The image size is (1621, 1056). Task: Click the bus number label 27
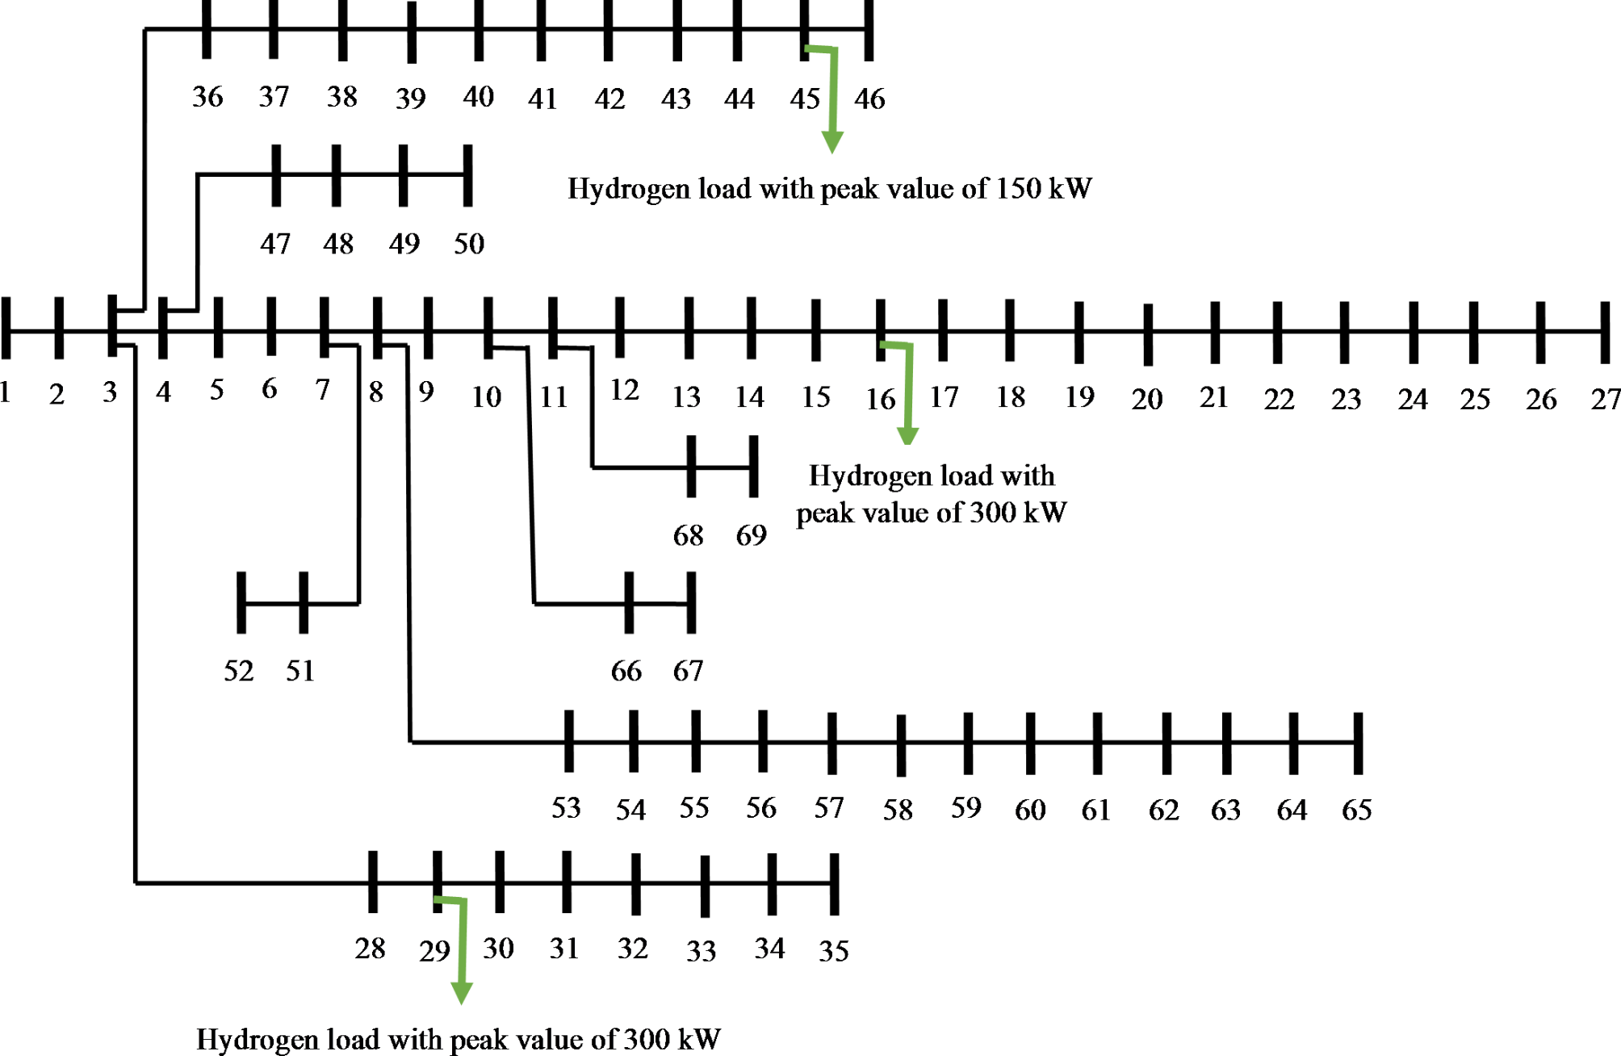[1605, 399]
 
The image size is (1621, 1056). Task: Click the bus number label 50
[469, 244]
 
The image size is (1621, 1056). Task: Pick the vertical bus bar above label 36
[207, 30]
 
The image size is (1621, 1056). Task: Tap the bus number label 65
[1356, 810]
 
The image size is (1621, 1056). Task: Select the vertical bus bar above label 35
[835, 884]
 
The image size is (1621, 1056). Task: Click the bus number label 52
[239, 671]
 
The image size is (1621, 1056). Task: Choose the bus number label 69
[751, 535]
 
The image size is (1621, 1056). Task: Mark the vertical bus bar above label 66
[629, 602]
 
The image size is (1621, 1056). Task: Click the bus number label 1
[5, 392]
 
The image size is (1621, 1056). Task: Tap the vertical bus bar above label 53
[569, 741]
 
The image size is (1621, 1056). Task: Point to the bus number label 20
[1146, 399]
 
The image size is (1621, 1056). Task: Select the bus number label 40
[478, 97]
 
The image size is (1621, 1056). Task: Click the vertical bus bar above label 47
[276, 175]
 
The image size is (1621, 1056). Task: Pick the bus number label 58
[898, 810]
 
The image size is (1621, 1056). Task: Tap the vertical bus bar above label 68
[691, 467]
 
